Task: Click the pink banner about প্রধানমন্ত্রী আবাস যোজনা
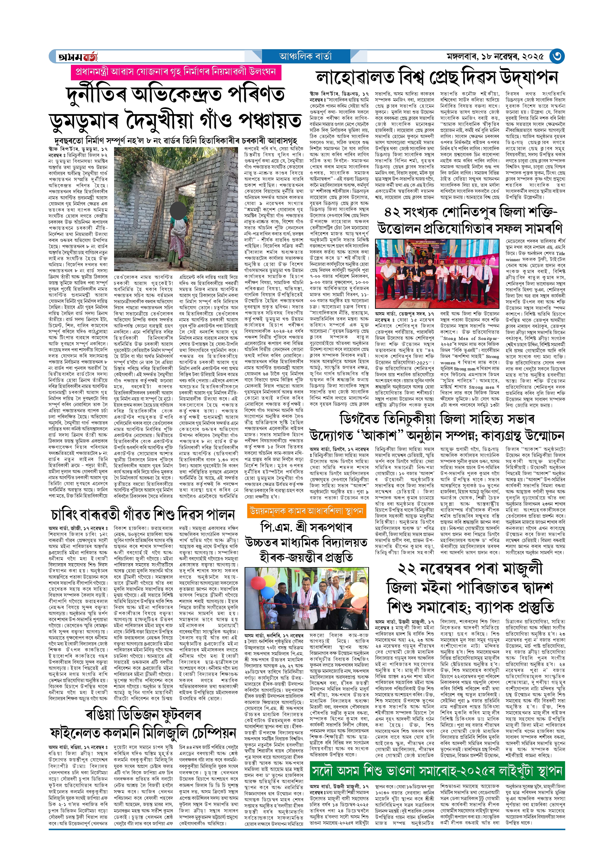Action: [176, 72]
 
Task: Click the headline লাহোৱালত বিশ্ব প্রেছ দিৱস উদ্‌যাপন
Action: [437, 78]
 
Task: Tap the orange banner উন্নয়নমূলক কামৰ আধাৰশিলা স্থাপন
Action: [306, 511]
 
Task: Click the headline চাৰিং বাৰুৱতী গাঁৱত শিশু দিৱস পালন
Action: [143, 515]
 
